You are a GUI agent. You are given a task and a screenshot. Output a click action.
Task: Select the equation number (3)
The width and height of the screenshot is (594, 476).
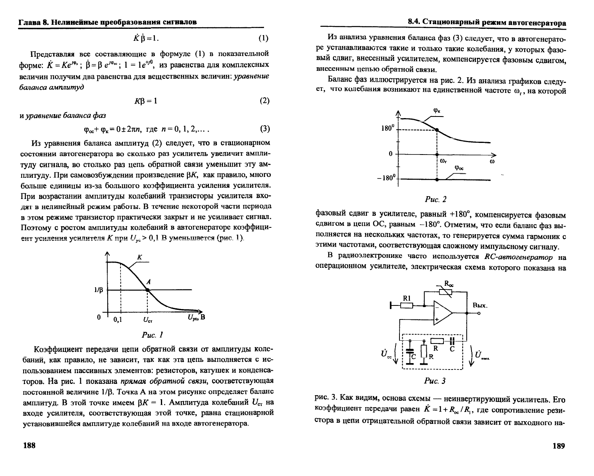[x=265, y=129]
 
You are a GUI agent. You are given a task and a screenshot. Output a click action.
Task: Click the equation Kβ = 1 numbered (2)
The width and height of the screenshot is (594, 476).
[x=146, y=101]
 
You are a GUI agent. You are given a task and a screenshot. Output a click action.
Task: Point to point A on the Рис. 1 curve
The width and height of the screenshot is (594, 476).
[x=147, y=290]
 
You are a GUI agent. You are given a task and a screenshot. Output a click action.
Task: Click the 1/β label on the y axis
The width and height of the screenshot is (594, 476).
[x=98, y=290]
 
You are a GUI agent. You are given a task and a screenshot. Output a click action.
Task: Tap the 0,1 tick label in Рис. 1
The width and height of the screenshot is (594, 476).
[x=118, y=319]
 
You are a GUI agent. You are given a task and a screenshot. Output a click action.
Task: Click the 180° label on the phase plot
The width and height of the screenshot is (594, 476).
[x=387, y=129]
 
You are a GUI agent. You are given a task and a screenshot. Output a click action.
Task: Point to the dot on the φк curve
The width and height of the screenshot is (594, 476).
[x=437, y=130]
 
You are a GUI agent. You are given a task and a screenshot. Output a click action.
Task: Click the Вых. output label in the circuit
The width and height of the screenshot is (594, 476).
[x=480, y=305]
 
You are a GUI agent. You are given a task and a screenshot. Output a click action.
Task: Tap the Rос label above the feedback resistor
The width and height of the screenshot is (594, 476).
[x=449, y=285]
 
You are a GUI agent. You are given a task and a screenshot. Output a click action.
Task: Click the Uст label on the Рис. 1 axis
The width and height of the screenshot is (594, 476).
[x=148, y=320]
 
